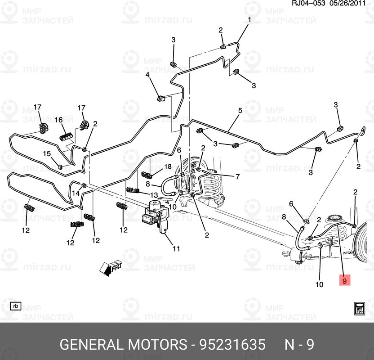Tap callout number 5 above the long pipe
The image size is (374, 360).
(x=240, y=111)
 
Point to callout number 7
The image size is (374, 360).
(x=238, y=176)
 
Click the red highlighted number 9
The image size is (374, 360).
(x=344, y=281)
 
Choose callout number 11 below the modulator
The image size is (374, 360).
(x=176, y=248)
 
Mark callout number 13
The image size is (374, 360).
(x=154, y=195)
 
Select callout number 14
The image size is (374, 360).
(x=76, y=193)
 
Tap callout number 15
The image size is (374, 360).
(x=47, y=154)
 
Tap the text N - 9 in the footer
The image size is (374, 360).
(x=299, y=345)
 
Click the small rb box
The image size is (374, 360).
(x=16, y=306)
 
